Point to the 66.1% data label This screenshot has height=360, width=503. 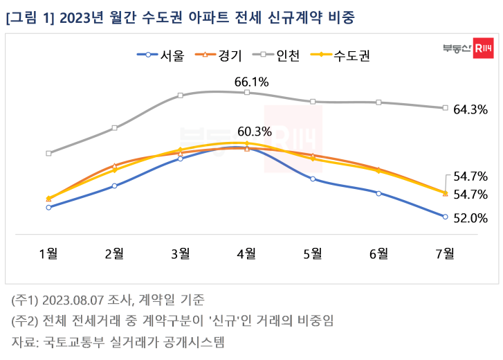click(x=251, y=82)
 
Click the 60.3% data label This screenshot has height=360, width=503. click(x=255, y=131)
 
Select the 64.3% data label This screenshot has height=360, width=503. click(x=470, y=109)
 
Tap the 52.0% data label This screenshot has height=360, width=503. click(x=470, y=218)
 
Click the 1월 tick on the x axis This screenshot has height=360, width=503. click(x=48, y=253)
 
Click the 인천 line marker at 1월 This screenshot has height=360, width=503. click(x=48, y=153)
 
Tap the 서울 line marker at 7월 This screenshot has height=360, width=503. click(x=445, y=217)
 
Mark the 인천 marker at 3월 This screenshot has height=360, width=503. click(x=180, y=96)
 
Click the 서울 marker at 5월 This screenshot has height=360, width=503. click(x=313, y=179)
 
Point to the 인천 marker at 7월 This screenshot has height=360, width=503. click(x=445, y=108)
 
